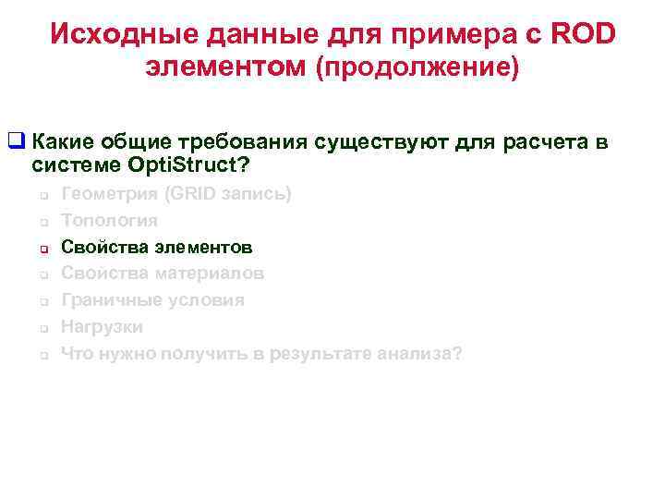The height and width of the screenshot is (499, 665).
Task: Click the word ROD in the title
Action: click(584, 34)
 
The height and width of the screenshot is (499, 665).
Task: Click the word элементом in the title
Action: click(225, 67)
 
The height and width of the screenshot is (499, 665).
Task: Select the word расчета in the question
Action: click(550, 142)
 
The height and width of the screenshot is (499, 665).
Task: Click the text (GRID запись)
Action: click(227, 194)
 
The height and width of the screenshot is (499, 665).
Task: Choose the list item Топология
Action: click(109, 221)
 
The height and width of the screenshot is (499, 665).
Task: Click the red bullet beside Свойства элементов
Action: click(42, 248)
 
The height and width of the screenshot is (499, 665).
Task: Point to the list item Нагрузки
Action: click(102, 327)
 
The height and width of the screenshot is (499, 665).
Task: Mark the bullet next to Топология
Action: click(42, 222)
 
